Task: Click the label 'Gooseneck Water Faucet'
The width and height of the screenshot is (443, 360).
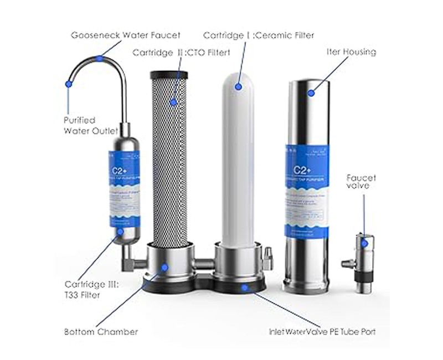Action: (x=126, y=35)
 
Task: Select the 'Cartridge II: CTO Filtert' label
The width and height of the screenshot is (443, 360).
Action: (x=181, y=53)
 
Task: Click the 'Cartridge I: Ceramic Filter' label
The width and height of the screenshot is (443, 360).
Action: (x=259, y=35)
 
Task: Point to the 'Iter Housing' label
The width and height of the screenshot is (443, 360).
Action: (x=351, y=52)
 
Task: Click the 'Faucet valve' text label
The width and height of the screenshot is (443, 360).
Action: (x=361, y=182)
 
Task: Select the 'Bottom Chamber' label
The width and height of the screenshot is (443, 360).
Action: (x=100, y=332)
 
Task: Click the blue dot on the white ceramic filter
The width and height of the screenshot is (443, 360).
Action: (x=239, y=86)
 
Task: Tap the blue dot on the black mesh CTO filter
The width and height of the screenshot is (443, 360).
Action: (x=173, y=102)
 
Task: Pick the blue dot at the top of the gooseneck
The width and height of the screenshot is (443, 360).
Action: (x=99, y=58)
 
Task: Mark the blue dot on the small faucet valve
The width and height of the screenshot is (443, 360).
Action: (x=364, y=242)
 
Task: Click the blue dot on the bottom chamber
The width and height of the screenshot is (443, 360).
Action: (x=164, y=267)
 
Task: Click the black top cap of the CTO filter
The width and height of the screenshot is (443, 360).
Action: (x=169, y=75)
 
